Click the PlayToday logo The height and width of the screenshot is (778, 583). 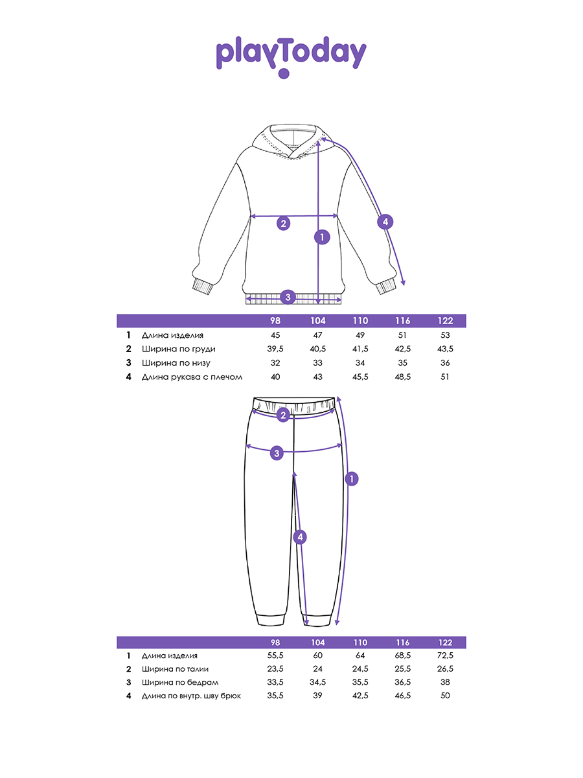pos(291,55)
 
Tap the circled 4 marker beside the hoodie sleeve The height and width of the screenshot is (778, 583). pos(385,222)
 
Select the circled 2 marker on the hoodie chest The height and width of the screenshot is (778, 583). pos(283,224)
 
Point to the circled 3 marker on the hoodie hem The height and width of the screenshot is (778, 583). pos(289,298)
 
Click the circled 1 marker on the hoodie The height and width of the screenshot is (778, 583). pos(322,237)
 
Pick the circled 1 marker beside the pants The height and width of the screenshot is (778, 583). pos(352,479)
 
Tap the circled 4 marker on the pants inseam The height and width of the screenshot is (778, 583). pos(299,537)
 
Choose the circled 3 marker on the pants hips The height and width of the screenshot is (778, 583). pos(277,453)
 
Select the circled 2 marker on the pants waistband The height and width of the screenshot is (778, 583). pos(282,415)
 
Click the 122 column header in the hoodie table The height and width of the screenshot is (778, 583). pos(445,321)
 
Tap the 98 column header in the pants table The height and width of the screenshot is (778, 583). pos(275,642)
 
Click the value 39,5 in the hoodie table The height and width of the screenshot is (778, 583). pos(275,349)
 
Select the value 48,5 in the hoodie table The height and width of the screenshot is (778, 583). pos(402,377)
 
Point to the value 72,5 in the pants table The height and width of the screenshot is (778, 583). pos(445,656)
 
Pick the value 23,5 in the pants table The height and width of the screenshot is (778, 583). pos(275,669)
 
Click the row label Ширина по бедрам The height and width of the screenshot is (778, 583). pos(180,683)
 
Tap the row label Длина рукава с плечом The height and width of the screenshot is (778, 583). pos(192,377)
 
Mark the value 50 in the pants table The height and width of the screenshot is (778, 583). pos(445,696)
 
